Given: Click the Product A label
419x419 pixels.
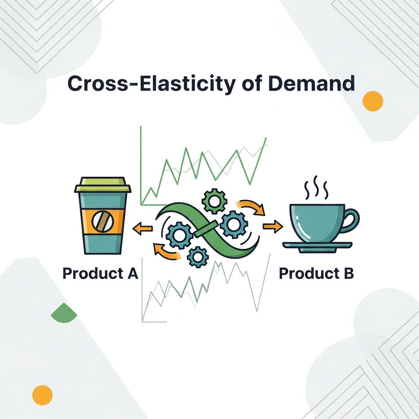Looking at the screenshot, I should point(100,273).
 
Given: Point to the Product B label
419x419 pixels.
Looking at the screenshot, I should point(316,273).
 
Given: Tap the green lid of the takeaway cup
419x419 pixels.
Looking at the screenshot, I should point(103,185).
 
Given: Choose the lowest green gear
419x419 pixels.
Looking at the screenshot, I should point(197,257).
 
